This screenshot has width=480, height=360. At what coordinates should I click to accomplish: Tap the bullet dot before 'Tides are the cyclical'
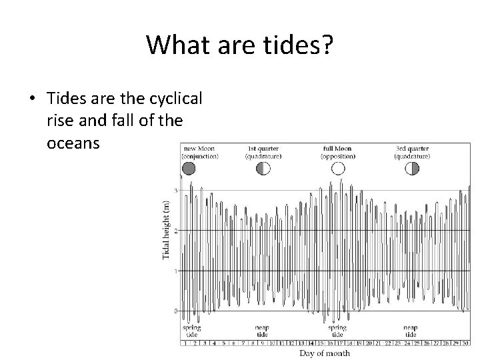32,98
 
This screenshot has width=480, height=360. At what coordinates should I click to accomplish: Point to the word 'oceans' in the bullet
73,143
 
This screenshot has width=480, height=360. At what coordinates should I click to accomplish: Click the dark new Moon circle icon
189,169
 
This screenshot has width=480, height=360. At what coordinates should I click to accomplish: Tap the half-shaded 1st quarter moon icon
263,169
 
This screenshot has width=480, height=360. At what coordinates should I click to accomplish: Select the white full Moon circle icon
338,169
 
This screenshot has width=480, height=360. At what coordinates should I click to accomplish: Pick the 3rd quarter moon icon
412,169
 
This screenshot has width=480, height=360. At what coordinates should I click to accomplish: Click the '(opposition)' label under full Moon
338,155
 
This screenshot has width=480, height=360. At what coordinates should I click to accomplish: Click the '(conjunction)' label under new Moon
200,155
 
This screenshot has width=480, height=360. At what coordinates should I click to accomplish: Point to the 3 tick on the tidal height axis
176,191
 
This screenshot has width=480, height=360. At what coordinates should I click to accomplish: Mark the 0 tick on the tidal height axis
176,311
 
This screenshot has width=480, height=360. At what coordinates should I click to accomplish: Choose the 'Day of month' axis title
325,353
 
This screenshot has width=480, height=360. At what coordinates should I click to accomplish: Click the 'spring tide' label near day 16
337,331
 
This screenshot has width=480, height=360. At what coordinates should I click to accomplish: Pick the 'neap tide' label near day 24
411,331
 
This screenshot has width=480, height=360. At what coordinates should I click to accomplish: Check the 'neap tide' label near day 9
262,331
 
